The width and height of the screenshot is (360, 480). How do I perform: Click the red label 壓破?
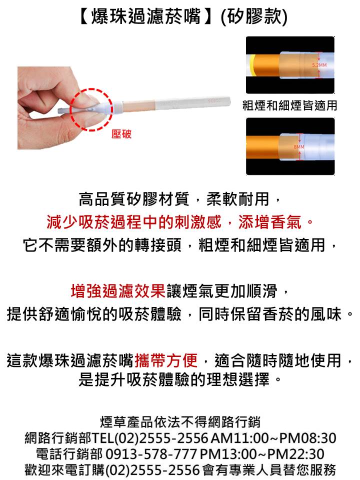pos(121,134)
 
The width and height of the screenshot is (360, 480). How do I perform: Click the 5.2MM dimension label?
pos(319,65)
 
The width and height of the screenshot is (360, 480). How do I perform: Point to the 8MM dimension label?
pos(299,147)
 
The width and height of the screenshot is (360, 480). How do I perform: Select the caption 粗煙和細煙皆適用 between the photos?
pos(289,105)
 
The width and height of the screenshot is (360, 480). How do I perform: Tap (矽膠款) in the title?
pos(254,16)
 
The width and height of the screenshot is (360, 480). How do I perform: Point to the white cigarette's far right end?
pos(229,100)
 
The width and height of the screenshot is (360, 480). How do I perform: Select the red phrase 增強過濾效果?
pos(118,291)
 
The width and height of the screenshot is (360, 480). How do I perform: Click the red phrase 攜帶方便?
pos(166,360)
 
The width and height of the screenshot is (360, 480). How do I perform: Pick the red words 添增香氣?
pos(270,222)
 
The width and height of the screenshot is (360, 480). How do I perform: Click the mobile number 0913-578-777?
pos(151,454)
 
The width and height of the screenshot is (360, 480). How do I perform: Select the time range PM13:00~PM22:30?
pos(262,454)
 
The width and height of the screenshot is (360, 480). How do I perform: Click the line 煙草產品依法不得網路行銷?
pos(180,422)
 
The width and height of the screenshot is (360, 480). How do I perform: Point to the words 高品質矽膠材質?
pos(134,199)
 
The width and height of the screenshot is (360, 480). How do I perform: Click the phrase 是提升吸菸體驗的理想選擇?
pos(174,379)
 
